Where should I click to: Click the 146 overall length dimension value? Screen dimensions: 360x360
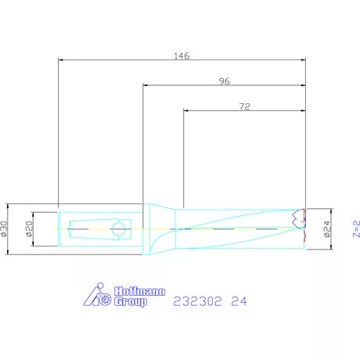[182, 56]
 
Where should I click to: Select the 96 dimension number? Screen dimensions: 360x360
[225, 81]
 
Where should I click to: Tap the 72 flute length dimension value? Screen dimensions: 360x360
[245, 106]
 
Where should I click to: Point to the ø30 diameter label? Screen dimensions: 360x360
[4, 229]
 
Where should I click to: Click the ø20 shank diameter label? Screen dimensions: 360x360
[30, 229]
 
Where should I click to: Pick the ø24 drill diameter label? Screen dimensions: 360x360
[327, 229]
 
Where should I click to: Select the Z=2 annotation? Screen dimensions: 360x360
[356, 229]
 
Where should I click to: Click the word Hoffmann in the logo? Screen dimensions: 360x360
[139, 291]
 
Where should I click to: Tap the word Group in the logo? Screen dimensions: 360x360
[131, 301]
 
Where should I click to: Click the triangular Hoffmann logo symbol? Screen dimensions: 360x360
[97, 294]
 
